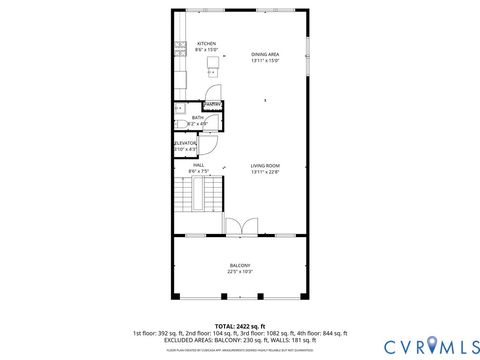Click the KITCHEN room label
tap(206, 44)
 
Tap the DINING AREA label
tap(265, 54)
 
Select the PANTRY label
tap(212, 104)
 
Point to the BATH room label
tap(198, 118)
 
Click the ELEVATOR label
tap(186, 143)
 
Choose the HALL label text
tap(198, 165)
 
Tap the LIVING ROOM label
tap(265, 165)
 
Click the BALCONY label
tap(240, 265)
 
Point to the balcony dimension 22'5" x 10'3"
tap(240, 272)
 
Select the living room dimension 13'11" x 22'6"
tap(265, 171)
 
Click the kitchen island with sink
tap(213, 66)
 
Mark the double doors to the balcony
tap(240, 226)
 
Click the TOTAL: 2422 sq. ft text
tap(240, 326)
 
